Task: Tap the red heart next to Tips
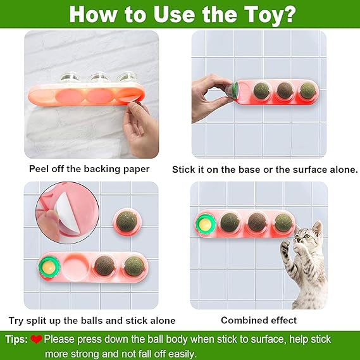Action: [x=36, y=339]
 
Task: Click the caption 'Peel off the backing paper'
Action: [x=89, y=169]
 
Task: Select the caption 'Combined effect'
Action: [x=259, y=320]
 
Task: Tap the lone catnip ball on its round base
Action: [x=127, y=221]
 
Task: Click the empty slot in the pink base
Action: [x=75, y=266]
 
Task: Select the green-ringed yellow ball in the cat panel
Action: [x=205, y=225]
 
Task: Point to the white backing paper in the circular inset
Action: [x=68, y=212]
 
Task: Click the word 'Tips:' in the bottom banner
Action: [x=16, y=339]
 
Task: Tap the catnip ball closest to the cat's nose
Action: [x=283, y=223]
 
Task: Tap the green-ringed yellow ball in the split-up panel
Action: [x=49, y=267]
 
